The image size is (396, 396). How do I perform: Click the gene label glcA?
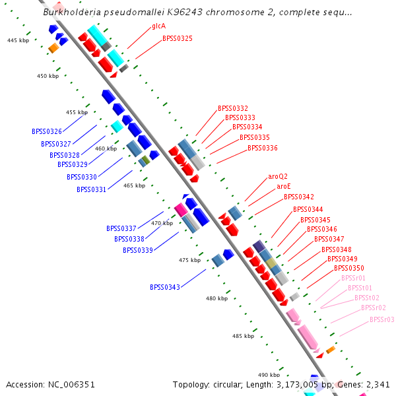pos(158,27)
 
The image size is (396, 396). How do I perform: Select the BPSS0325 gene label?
pos(178,39)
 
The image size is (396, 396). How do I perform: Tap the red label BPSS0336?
pos(263,148)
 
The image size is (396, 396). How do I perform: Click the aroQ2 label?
pos(278,177)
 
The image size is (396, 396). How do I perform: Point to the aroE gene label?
pos(284,187)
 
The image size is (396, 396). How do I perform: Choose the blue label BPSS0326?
pos(46,131)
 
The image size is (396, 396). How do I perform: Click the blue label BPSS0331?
pos(91,189)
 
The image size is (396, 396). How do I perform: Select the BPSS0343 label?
pos(164,287)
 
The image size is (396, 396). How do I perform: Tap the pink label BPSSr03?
pos(381,319)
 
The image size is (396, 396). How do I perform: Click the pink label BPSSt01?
pos(360,288)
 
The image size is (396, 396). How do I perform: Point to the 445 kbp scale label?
pos(18,41)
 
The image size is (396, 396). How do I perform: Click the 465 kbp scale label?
pos(134,185)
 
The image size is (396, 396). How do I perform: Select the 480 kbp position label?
pos(216,298)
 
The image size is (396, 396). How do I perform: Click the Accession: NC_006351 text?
pos(50,384)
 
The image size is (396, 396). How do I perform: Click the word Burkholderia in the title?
pos(71,12)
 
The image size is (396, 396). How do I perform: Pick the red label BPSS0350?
pos(348,268)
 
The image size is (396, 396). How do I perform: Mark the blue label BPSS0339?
pos(137,250)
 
